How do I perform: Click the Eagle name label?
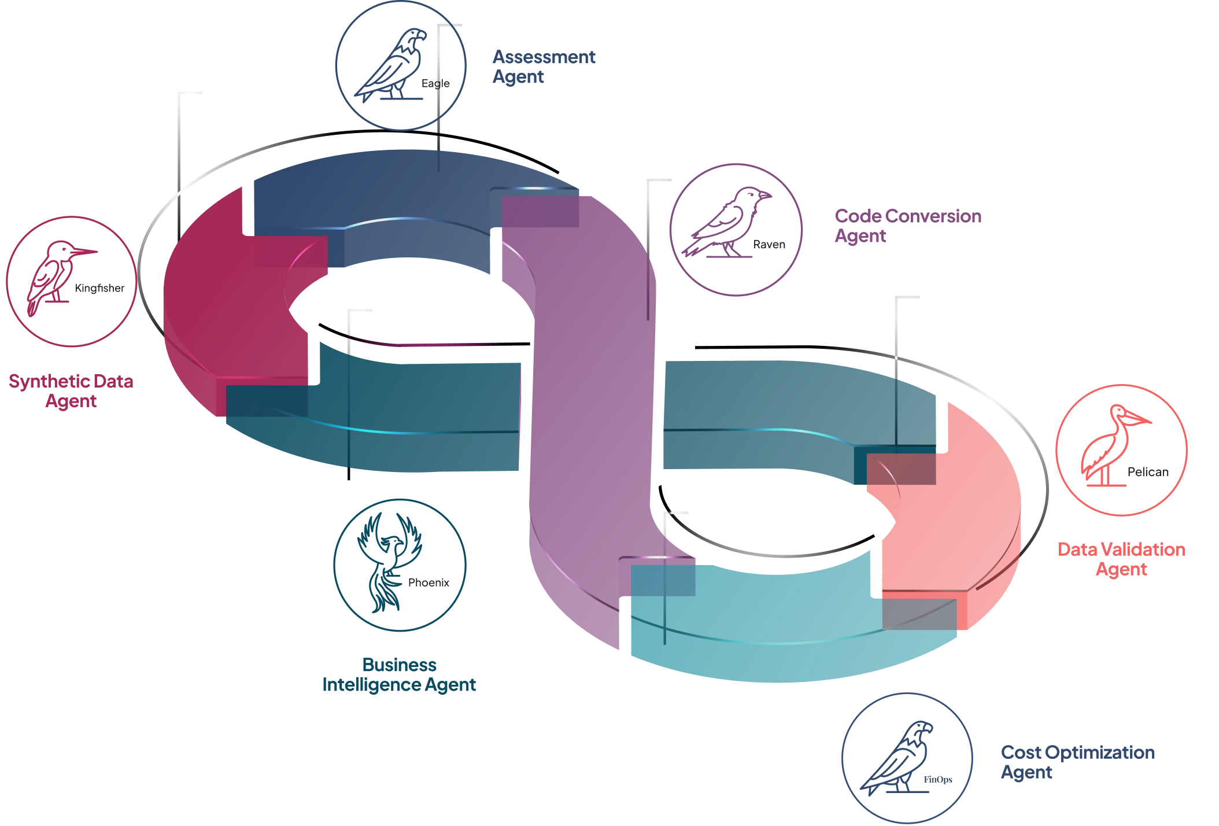coord(435,83)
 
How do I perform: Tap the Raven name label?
coord(769,245)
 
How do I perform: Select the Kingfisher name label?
coord(99,288)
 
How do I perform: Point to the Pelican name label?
coord(1148,472)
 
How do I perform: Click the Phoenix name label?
coord(429,582)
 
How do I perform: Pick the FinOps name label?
coord(938,780)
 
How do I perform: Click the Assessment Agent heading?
coord(544,67)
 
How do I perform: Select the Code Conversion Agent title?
coord(908,226)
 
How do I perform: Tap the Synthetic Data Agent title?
coord(71,391)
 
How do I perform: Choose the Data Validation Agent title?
coord(1121,559)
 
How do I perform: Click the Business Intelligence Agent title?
coord(399,674)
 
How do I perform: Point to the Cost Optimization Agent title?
coord(1078,762)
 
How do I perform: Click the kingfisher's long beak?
coord(84,252)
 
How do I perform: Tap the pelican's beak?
coord(1136,418)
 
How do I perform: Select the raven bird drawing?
coord(726,222)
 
